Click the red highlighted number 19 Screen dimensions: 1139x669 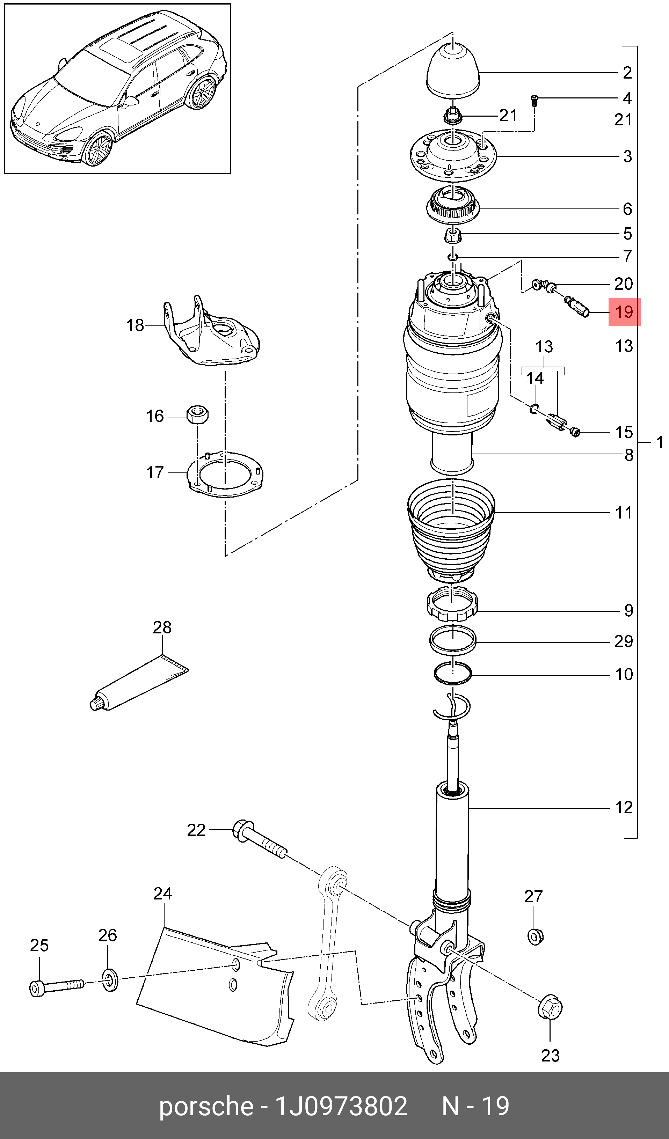click(x=624, y=312)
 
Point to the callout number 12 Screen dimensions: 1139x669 click(x=624, y=808)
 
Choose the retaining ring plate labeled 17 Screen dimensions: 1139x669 click(x=226, y=474)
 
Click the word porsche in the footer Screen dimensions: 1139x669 click(x=206, y=1107)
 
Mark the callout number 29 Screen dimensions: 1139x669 click(x=623, y=641)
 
